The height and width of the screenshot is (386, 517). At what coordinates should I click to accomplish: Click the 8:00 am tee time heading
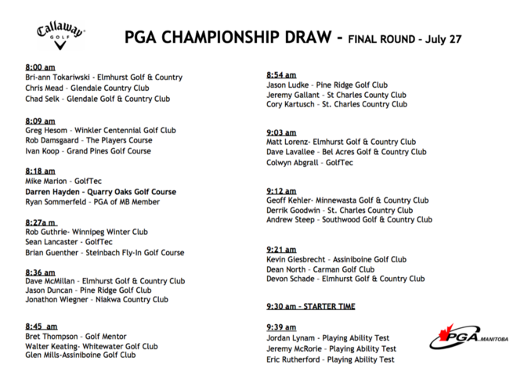tap(40, 67)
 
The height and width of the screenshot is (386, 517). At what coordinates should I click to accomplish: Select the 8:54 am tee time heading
tap(281, 74)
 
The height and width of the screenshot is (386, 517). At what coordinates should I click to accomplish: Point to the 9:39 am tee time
tap(281, 326)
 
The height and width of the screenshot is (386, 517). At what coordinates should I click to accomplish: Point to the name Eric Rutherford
tap(295, 359)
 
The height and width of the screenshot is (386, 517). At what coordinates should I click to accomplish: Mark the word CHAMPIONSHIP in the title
tap(239, 37)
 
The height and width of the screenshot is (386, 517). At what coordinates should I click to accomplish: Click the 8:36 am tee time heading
tap(40, 272)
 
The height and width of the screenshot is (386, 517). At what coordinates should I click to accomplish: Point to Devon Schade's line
tap(345, 279)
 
